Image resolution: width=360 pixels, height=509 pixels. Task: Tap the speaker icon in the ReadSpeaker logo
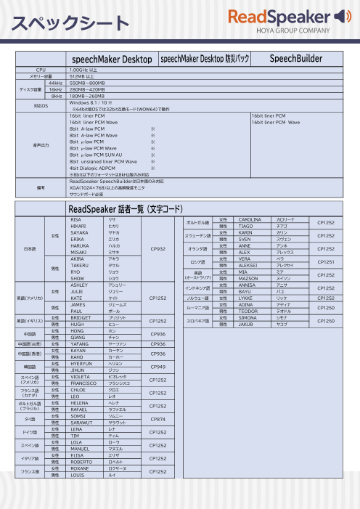pos(340,16)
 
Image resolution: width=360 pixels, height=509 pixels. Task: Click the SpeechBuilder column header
pos(296,58)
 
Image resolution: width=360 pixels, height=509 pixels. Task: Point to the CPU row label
pos(41,69)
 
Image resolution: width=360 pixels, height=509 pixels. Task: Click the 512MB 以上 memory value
pos(82,76)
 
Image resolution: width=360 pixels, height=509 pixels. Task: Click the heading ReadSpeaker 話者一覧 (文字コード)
pos(125,209)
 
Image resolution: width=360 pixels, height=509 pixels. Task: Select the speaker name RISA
pos(75,219)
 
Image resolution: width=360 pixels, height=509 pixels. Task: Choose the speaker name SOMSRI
pos(78,415)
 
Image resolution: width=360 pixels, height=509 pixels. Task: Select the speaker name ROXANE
pos(79,469)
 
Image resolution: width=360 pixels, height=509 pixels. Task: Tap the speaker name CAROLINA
pos(250,219)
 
